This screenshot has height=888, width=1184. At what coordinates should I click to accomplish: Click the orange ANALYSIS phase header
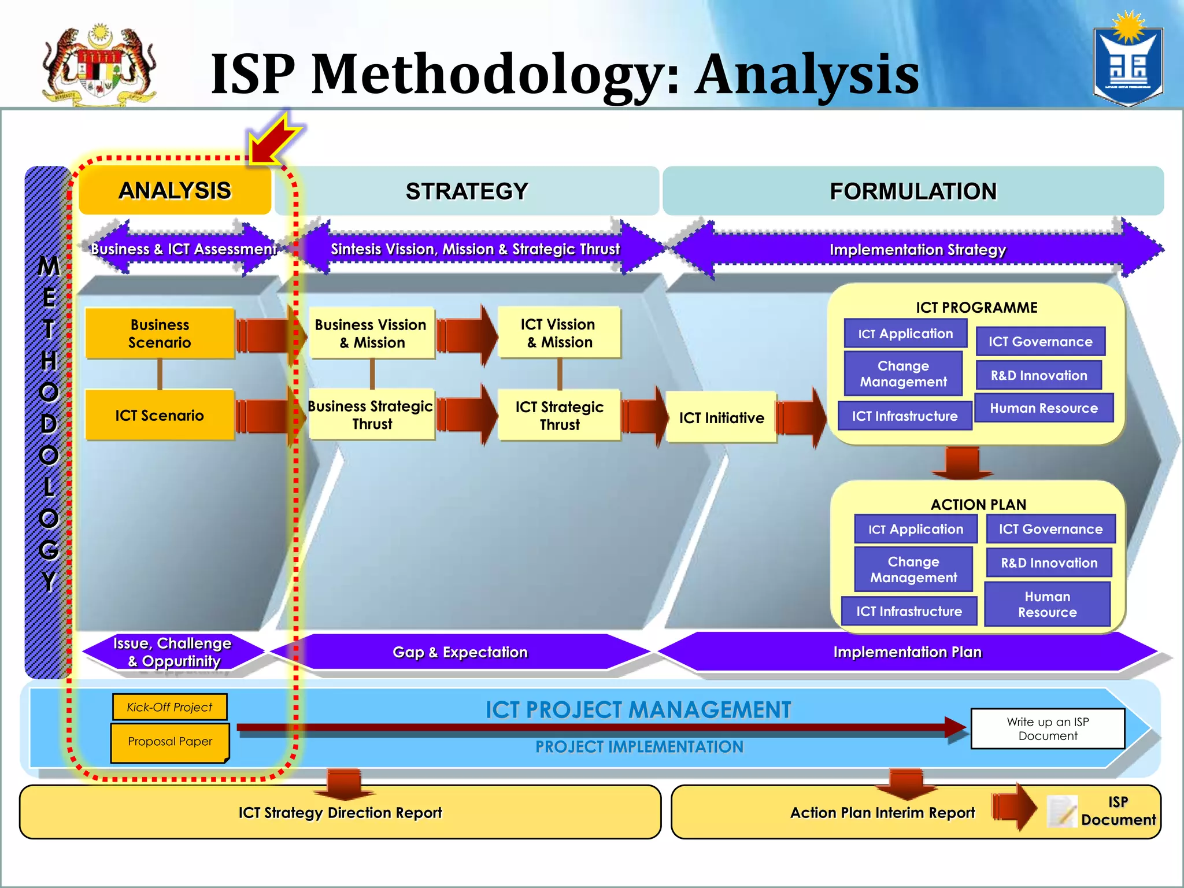coord(175,191)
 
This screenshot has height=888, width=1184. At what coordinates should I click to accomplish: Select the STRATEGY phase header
coord(467,191)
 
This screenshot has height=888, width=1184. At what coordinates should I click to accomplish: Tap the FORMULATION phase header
coord(913,191)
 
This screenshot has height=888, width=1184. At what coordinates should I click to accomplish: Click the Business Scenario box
coord(160,334)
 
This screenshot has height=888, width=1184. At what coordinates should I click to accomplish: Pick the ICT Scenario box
coord(160,415)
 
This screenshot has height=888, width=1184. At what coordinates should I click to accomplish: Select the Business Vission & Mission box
coord(371,334)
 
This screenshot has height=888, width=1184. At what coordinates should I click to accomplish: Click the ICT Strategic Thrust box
coord(559,415)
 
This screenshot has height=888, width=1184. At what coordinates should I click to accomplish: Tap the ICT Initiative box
coord(721,417)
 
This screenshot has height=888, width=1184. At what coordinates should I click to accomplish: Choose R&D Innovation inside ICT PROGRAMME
coord(1038,375)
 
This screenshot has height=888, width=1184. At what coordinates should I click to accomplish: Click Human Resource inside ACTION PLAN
coord(1047,604)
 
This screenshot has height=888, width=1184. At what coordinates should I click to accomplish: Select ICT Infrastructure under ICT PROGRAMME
coord(904,416)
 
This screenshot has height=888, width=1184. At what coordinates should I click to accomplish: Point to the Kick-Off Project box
coord(169,707)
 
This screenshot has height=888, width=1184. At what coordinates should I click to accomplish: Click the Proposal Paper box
coord(169,742)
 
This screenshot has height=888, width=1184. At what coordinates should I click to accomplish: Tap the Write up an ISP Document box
coord(1048,728)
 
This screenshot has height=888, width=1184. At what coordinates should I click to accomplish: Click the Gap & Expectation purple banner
coord(460,652)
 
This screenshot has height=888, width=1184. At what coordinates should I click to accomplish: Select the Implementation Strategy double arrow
coord(917,250)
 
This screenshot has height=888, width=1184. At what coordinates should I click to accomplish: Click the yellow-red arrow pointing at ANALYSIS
coord(275,139)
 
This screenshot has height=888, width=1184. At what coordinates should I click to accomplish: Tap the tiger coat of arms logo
coord(99,65)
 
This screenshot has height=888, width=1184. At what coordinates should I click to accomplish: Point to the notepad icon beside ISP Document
coord(1062,811)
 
